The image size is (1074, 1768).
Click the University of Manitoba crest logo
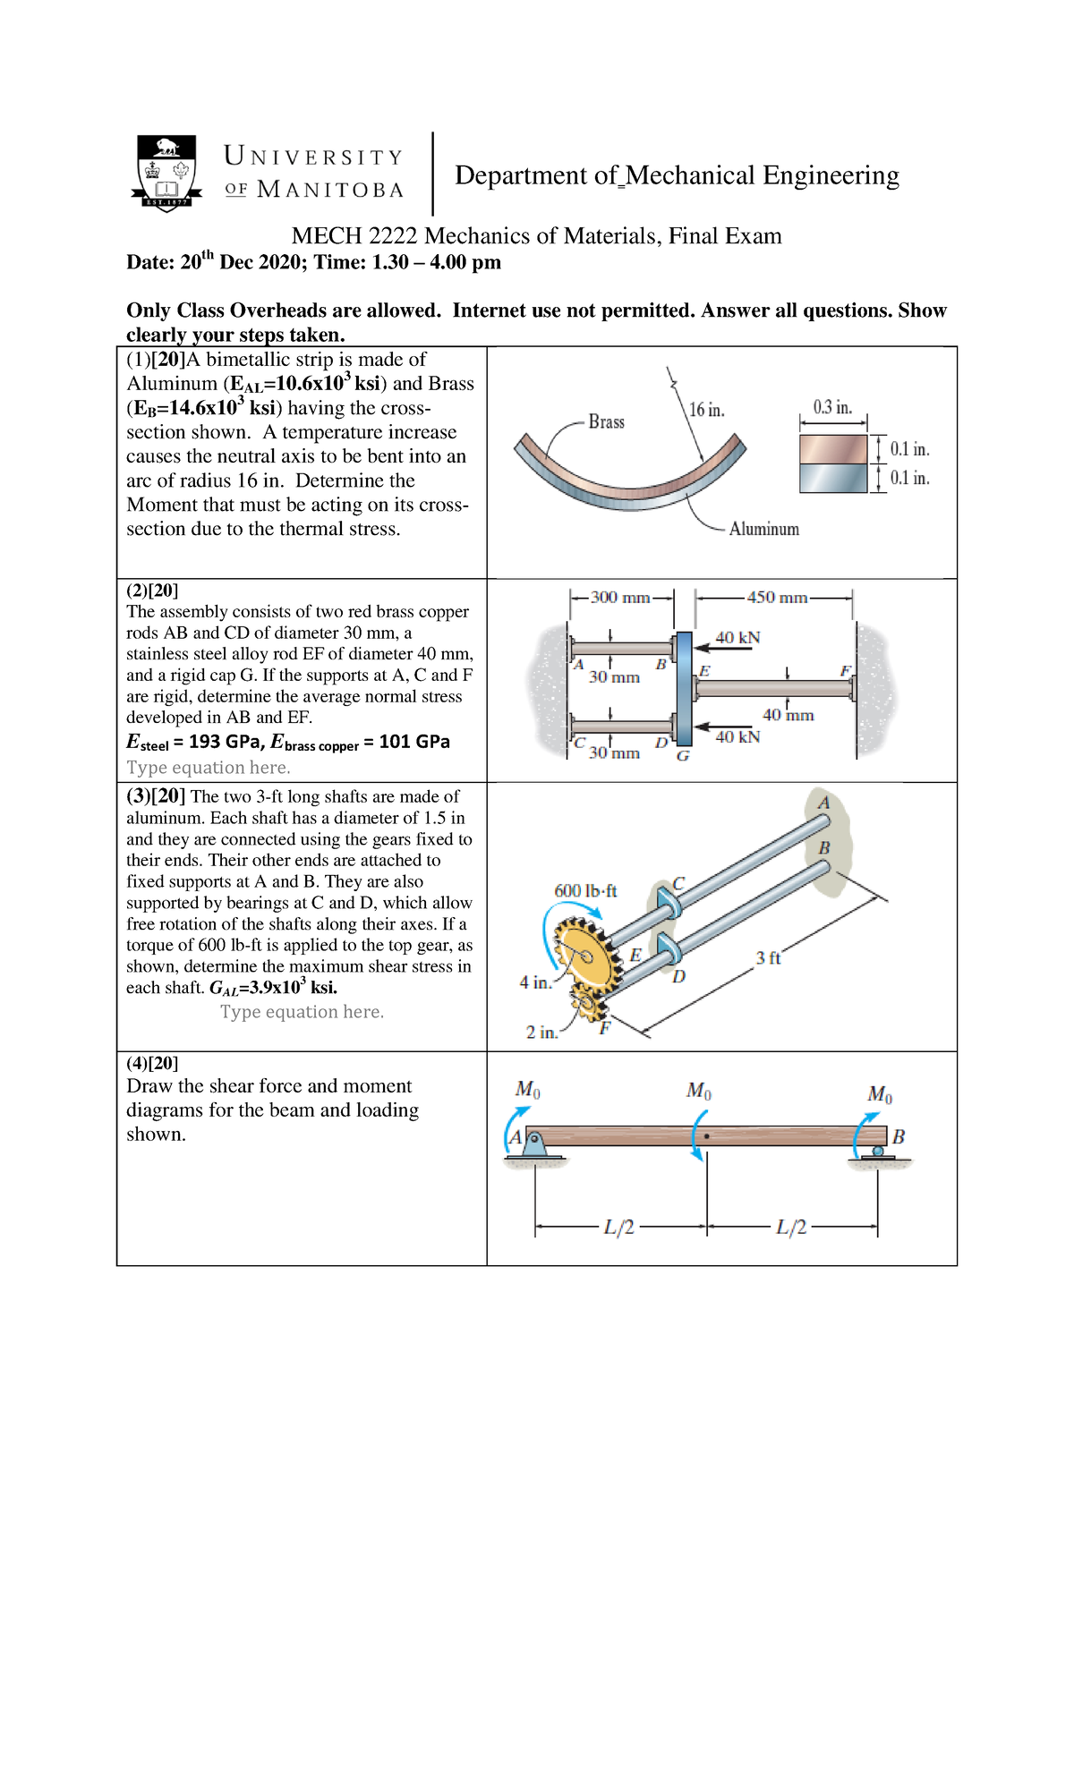(166, 173)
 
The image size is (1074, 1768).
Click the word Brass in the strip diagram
(606, 421)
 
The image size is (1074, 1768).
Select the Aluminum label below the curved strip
(763, 529)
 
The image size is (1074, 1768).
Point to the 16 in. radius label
(706, 410)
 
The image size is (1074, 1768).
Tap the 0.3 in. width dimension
(832, 407)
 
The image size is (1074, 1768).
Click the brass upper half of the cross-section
(832, 449)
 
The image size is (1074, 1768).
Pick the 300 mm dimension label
(619, 597)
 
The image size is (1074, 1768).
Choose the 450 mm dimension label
(777, 597)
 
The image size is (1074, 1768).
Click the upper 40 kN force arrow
(725, 648)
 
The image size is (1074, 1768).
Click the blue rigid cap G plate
(684, 688)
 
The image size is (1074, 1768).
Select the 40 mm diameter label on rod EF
(788, 715)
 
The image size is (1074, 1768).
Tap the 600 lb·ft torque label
(585, 890)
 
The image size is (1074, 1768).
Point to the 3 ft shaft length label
(767, 957)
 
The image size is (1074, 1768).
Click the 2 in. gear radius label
(541, 1032)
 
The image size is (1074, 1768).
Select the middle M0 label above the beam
(698, 1091)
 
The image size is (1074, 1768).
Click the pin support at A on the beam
(533, 1144)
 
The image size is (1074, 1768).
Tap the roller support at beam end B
(877, 1152)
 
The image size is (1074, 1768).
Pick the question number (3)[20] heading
(156, 795)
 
